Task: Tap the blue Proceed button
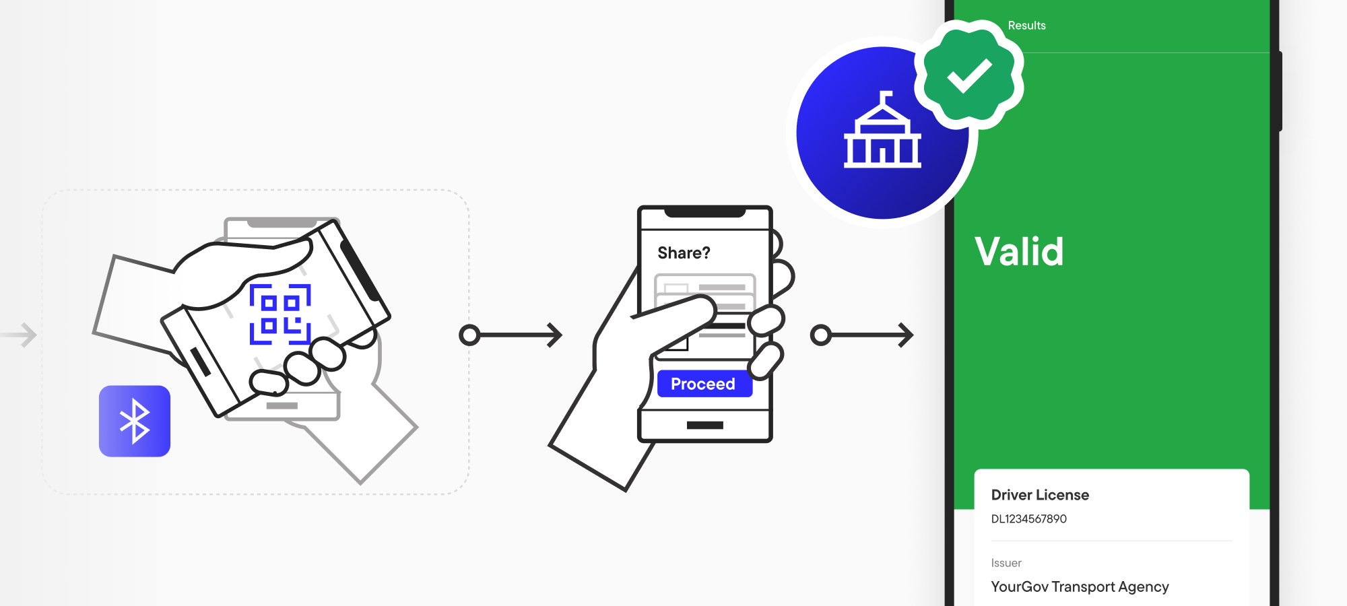pyautogui.click(x=704, y=384)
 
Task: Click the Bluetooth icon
pyautogui.click(x=135, y=422)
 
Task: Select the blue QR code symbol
pyautogui.click(x=280, y=314)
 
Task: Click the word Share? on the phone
pyautogui.click(x=684, y=253)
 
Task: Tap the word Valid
pyautogui.click(x=1019, y=252)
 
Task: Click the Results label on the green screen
pyautogui.click(x=1026, y=26)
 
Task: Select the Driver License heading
pyautogui.click(x=1040, y=495)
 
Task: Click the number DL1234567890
pyautogui.click(x=1028, y=519)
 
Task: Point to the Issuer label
pyautogui.click(x=1006, y=563)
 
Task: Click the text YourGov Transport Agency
pyautogui.click(x=1080, y=586)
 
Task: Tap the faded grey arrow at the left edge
pyautogui.click(x=20, y=335)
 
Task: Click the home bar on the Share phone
pyautogui.click(x=704, y=426)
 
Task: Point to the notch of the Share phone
pyautogui.click(x=704, y=213)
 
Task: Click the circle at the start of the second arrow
pyautogui.click(x=820, y=335)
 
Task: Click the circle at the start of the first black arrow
pyautogui.click(x=469, y=335)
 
